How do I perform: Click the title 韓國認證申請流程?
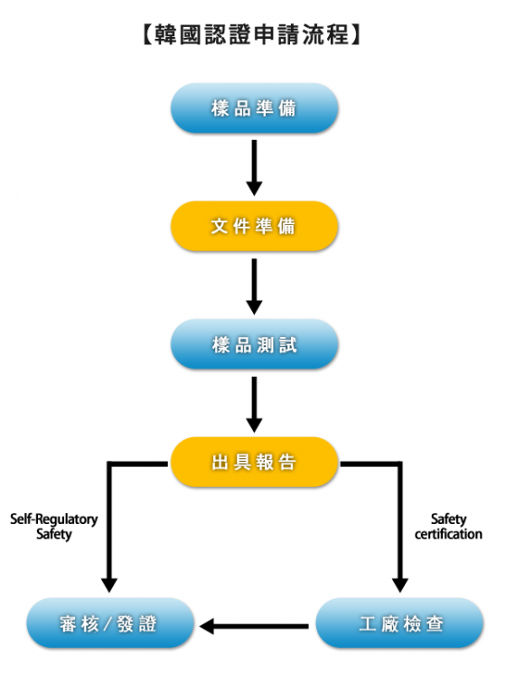(x=252, y=34)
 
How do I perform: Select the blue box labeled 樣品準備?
(x=254, y=108)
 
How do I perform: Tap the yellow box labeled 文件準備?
(x=254, y=226)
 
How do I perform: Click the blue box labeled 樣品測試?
(x=254, y=344)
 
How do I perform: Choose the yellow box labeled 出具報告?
(x=254, y=462)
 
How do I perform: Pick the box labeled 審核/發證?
(x=109, y=623)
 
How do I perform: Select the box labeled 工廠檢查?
(x=399, y=623)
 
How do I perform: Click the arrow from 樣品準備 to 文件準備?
(x=254, y=168)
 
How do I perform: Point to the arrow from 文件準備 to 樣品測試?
(x=254, y=286)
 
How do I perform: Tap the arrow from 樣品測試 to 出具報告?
(x=254, y=405)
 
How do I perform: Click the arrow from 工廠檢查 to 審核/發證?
(x=254, y=626)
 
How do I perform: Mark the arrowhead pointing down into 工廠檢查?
(x=399, y=585)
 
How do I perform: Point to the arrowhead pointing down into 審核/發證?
(x=109, y=585)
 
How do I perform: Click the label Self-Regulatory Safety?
(x=54, y=527)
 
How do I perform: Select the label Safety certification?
(x=448, y=527)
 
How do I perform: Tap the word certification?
(x=448, y=534)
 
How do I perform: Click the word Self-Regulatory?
(x=54, y=520)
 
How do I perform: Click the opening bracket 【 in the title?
(x=147, y=34)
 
